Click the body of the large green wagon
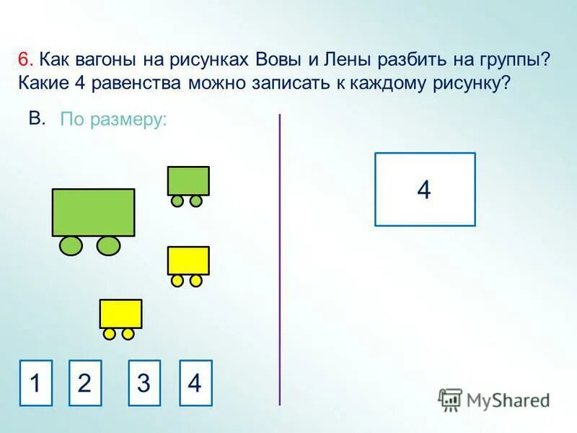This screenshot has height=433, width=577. (x=94, y=212)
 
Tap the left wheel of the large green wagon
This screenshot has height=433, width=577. (x=71, y=246)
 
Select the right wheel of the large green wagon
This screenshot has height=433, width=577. (x=108, y=246)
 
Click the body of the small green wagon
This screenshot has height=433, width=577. (x=188, y=180)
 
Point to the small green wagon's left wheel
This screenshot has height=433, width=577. (x=177, y=201)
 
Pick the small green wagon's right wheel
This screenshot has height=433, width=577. (x=196, y=201)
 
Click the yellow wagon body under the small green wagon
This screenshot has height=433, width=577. (x=188, y=260)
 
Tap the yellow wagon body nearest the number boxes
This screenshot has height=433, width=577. (x=120, y=313)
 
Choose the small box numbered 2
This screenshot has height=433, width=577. (x=84, y=382)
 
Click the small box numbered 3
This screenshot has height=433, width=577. (x=144, y=382)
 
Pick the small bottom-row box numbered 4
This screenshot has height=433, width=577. (x=195, y=382)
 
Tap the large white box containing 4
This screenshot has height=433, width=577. (x=425, y=189)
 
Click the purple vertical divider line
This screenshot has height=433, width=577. (x=279, y=260)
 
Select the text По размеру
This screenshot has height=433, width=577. (x=113, y=120)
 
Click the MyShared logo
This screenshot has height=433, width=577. (x=494, y=399)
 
